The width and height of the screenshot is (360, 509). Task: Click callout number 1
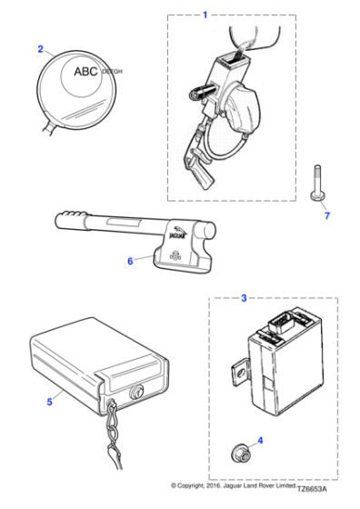point(205,15)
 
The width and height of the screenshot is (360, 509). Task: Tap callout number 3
point(243,298)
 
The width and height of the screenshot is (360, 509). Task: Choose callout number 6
point(130,261)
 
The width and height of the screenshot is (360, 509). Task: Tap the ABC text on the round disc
point(86,70)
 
